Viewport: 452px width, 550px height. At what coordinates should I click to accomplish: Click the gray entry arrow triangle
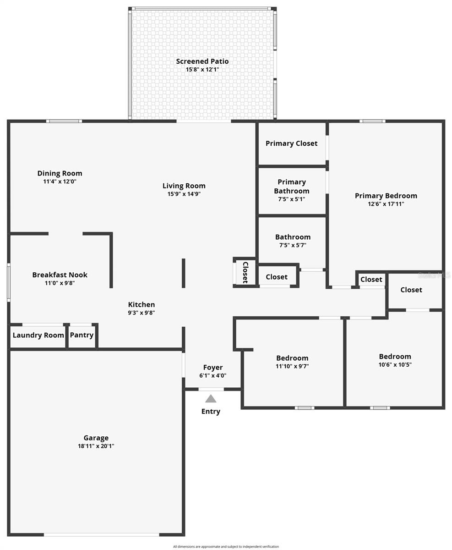(x=211, y=399)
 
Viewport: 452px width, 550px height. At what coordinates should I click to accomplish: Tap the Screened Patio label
(x=202, y=61)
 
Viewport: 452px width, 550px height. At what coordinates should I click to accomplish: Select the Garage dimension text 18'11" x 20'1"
(x=96, y=446)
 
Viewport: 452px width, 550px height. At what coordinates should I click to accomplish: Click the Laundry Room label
(x=38, y=335)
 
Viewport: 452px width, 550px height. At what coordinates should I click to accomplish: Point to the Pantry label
(x=82, y=335)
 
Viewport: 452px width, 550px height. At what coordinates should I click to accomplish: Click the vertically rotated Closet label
(x=245, y=272)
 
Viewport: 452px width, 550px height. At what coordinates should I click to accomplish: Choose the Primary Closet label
(x=291, y=143)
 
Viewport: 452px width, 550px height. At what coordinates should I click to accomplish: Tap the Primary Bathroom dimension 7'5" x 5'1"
(x=291, y=199)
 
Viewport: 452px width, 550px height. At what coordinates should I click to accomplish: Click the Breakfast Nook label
(x=60, y=275)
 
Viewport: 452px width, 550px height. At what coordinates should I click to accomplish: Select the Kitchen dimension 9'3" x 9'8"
(x=141, y=313)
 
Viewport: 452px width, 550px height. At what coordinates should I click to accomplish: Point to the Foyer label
(x=212, y=368)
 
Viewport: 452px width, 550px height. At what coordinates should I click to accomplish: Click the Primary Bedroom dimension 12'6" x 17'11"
(x=386, y=204)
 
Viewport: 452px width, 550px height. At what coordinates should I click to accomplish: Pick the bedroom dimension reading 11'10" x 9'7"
(x=292, y=366)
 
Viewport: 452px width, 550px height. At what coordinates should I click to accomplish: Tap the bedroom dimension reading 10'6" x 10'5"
(x=395, y=365)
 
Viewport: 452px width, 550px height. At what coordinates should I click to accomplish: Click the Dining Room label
(x=60, y=173)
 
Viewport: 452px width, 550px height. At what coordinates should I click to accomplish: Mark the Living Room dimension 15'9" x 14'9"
(x=184, y=194)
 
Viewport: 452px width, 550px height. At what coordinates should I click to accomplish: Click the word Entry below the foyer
(x=211, y=412)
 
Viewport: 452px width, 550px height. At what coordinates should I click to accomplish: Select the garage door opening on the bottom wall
(x=101, y=534)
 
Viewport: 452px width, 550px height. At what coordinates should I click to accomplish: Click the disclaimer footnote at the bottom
(x=226, y=546)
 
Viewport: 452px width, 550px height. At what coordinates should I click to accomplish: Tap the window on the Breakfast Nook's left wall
(x=8, y=283)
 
